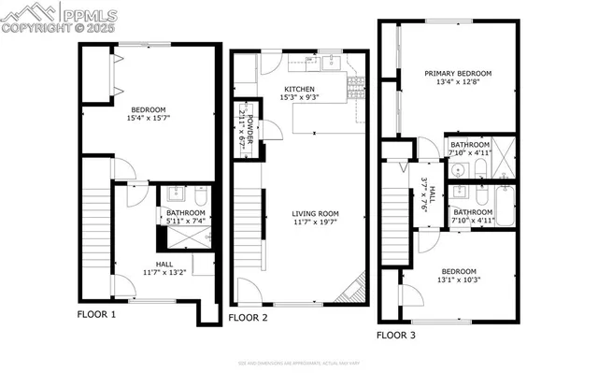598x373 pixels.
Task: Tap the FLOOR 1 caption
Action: coord(96,315)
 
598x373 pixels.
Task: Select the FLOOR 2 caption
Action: coord(249,318)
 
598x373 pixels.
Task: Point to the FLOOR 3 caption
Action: coord(396,334)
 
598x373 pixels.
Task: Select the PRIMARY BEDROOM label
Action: coord(457,73)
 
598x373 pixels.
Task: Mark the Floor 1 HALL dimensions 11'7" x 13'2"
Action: coord(164,272)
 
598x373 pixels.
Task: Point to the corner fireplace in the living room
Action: coord(354,290)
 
